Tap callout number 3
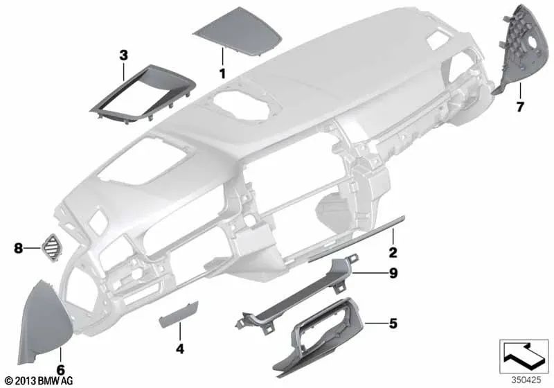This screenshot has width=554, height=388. (x=123, y=54)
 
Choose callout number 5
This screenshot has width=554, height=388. (x=393, y=322)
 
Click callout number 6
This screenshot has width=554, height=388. (x=60, y=371)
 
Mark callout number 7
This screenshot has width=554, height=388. (x=520, y=107)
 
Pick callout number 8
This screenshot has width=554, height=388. (x=17, y=245)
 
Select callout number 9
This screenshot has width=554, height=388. (x=393, y=274)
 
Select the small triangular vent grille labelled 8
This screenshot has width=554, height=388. (x=52, y=245)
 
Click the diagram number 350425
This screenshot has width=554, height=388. (x=526, y=380)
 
